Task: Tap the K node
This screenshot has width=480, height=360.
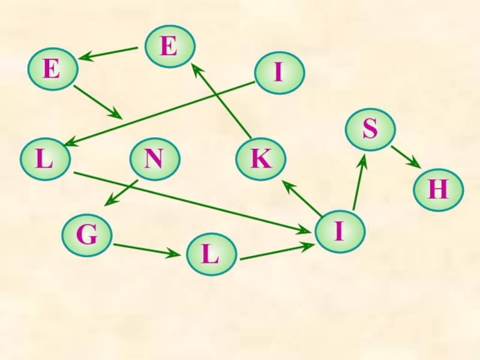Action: pos(261,160)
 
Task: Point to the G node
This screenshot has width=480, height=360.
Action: pos(88,236)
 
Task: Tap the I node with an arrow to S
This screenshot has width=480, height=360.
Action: pos(340,231)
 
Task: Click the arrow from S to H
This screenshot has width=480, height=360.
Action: pos(405,157)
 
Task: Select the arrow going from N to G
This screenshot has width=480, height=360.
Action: pos(121,193)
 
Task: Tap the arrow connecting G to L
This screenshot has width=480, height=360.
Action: pos(147,250)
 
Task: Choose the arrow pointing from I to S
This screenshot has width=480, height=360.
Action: pos(359,182)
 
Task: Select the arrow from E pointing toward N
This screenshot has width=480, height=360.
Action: pos(98,102)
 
